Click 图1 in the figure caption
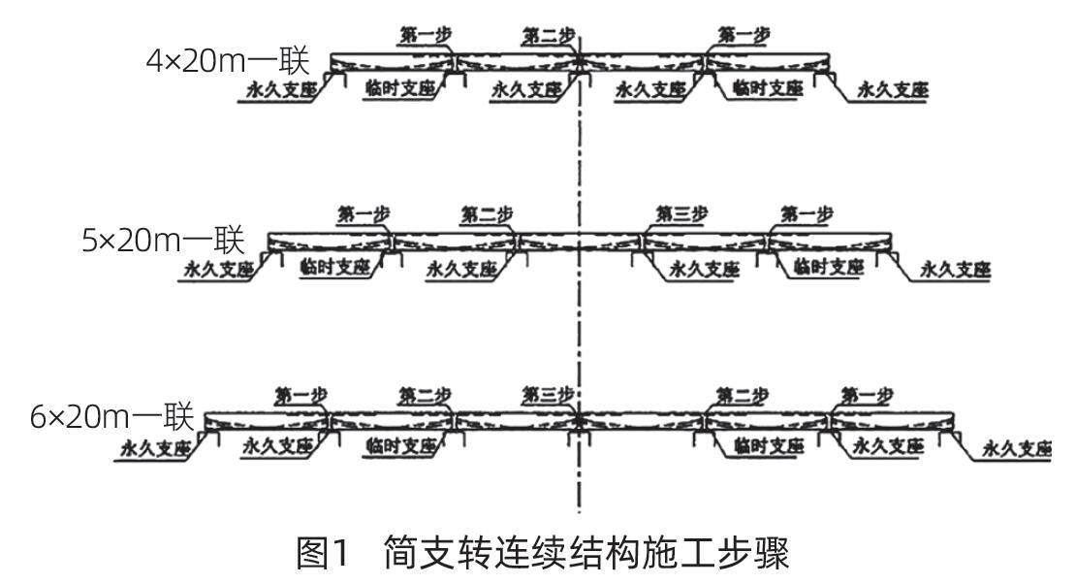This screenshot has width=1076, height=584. [x=323, y=555]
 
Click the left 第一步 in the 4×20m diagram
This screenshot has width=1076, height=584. [x=425, y=36]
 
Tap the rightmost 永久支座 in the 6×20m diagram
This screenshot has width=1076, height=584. [x=1017, y=448]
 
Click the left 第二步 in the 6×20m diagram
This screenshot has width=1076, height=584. [x=425, y=394]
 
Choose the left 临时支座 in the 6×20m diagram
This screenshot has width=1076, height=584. [x=400, y=446]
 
